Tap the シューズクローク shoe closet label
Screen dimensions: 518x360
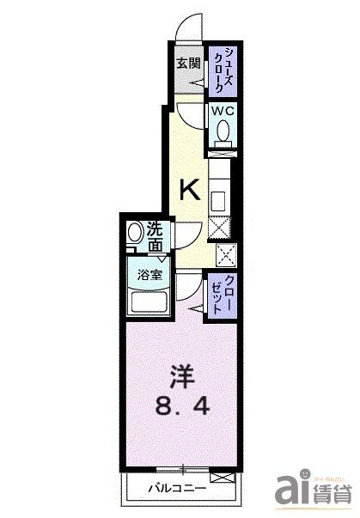221,70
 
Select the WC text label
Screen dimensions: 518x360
222,112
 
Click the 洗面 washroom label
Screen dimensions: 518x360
155,237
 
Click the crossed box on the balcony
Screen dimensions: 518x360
221,478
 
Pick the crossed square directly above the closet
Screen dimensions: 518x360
227,254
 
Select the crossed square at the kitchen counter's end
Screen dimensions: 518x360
220,229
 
